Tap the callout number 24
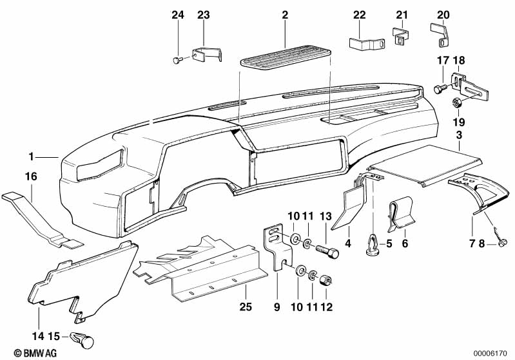[x=177, y=15]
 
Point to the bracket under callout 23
[x=207, y=55]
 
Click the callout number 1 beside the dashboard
[x=30, y=156]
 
